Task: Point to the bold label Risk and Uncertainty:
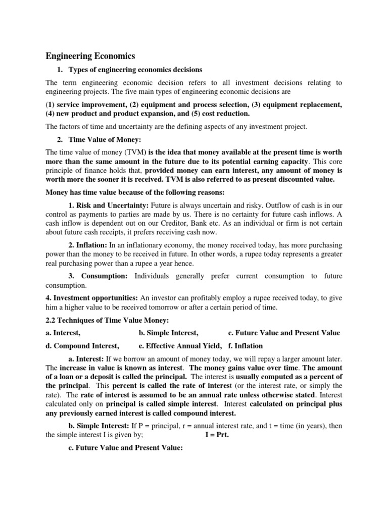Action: tap(106, 206)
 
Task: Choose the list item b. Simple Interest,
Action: tap(168, 333)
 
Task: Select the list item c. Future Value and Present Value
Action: tap(284, 333)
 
